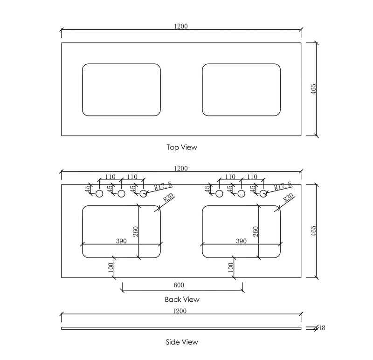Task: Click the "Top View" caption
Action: [x=182, y=147]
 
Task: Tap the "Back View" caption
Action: [x=182, y=299]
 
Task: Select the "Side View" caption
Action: [x=182, y=342]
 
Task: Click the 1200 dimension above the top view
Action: [x=181, y=26]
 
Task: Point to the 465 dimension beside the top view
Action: [x=314, y=89]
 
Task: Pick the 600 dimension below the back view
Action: [x=179, y=285]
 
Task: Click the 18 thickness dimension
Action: [x=322, y=328]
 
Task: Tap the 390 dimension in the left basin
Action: [x=121, y=241]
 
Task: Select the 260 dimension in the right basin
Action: [x=255, y=231]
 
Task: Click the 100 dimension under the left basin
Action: [x=111, y=268]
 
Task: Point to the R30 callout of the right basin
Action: [x=288, y=198]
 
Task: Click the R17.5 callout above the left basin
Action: [x=163, y=185]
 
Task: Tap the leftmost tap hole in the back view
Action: [x=99, y=194]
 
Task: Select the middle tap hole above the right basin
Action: [x=241, y=194]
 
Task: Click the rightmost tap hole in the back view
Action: [x=263, y=194]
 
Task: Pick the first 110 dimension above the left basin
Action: [x=110, y=177]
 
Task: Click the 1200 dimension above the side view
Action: [x=180, y=311]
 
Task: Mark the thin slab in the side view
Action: [x=181, y=328]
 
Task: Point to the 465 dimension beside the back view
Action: [x=314, y=231]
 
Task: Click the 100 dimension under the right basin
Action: [x=231, y=268]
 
